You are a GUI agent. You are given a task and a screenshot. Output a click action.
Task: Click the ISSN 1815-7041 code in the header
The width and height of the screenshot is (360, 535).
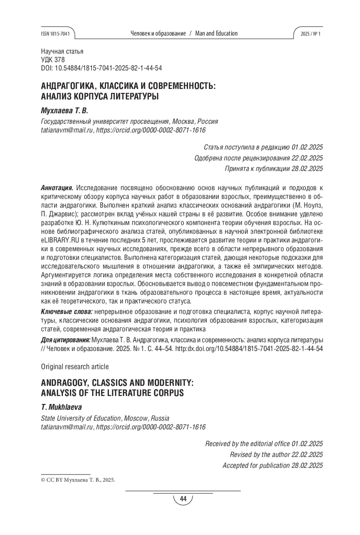click(x=55, y=34)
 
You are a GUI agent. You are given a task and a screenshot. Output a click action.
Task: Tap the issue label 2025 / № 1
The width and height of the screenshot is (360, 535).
click(x=310, y=34)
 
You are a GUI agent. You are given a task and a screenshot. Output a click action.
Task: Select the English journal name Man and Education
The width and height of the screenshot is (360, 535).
click(x=216, y=34)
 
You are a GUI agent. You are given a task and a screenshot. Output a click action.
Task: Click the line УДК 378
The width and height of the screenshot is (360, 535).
click(x=53, y=60)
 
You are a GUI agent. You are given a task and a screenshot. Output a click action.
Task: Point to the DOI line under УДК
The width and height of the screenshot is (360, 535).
click(x=101, y=68)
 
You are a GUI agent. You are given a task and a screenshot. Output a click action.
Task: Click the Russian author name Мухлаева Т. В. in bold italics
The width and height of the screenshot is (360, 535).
click(x=64, y=111)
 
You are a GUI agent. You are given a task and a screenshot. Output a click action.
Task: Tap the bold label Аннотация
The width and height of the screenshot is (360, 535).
click(x=57, y=188)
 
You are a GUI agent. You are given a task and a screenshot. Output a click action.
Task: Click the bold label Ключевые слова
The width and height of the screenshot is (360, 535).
click(x=67, y=312)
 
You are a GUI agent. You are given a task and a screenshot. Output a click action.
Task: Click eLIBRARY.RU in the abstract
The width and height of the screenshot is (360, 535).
click(x=60, y=240)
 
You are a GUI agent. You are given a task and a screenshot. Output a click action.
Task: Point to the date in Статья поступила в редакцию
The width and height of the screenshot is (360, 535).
click(x=307, y=147)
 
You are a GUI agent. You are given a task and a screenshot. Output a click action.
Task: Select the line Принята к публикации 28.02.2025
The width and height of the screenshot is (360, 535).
click(x=274, y=169)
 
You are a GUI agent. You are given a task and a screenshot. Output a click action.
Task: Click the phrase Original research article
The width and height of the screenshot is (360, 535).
click(x=75, y=367)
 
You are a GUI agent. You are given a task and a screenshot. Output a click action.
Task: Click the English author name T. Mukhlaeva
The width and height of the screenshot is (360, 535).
click(x=61, y=407)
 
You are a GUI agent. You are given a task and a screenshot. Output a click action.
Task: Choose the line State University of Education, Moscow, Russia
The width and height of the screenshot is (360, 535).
click(x=105, y=418)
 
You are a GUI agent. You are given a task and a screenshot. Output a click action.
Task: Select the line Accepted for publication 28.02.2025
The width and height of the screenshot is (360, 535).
click(x=272, y=465)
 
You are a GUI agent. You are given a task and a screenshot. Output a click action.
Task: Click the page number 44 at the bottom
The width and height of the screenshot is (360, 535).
click(x=183, y=499)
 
